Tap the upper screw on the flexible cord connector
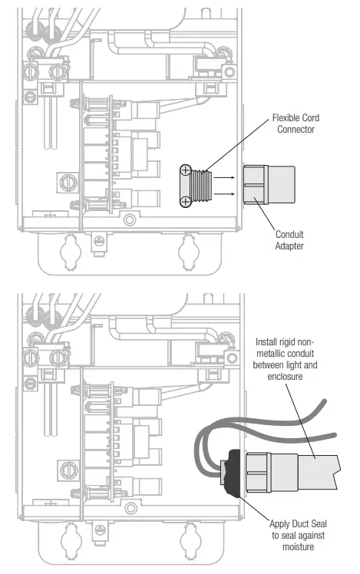pyautogui.click(x=185, y=170)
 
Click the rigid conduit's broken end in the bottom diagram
pyautogui.click(x=335, y=465)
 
